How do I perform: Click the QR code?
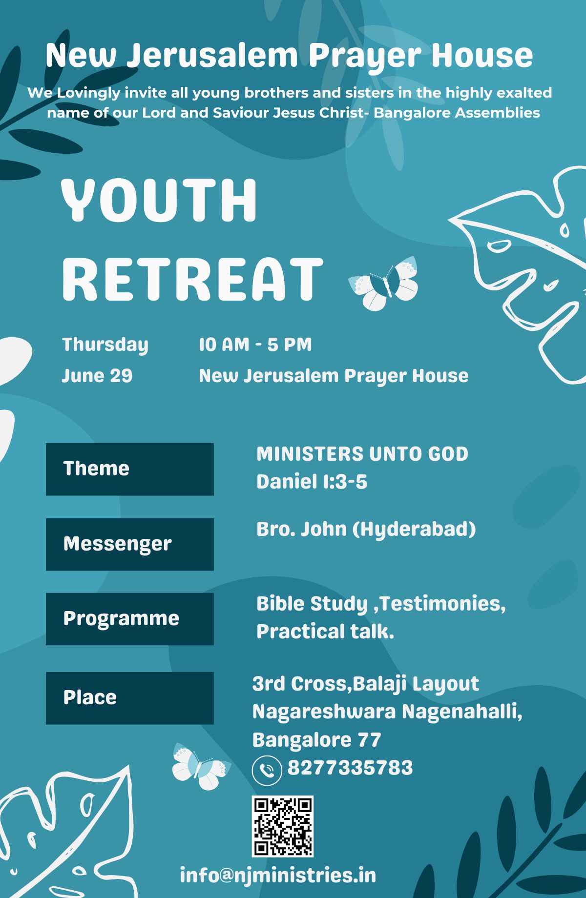click(x=282, y=826)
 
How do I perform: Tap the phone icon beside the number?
click(x=267, y=770)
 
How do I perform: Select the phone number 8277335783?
click(x=350, y=768)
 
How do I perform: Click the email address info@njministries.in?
click(x=278, y=875)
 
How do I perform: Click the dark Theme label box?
click(x=130, y=469)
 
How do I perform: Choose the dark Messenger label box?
click(x=130, y=544)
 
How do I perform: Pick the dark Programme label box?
click(x=130, y=619)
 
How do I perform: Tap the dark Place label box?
click(x=130, y=698)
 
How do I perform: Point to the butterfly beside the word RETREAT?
click(x=383, y=284)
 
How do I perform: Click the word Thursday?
click(x=105, y=345)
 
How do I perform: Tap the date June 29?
click(x=97, y=376)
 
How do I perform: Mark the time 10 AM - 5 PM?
click(x=255, y=345)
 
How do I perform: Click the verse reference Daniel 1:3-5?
click(x=312, y=482)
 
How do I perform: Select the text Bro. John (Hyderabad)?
click(x=366, y=529)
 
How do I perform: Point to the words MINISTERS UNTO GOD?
click(x=362, y=454)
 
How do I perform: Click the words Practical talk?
click(x=325, y=632)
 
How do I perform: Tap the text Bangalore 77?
click(x=316, y=740)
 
